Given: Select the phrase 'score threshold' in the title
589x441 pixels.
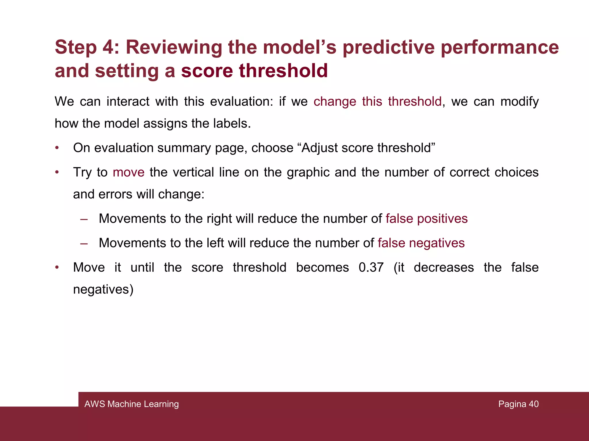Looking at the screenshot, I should click(x=255, y=71).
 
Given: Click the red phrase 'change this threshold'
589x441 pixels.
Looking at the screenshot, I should click(x=377, y=102).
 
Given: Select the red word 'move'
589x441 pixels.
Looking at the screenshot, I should click(x=129, y=173).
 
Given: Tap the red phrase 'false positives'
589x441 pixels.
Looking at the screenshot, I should click(x=427, y=219).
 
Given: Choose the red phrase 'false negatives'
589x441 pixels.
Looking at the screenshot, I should click(x=421, y=243).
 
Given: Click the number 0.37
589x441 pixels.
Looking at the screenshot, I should click(x=371, y=268).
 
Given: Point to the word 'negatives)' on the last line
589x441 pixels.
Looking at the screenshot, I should click(x=103, y=289).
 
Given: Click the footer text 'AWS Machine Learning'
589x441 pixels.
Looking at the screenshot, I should click(x=131, y=404).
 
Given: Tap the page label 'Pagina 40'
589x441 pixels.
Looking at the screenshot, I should click(x=518, y=404).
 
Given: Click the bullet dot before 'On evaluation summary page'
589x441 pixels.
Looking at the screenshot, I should click(x=57, y=148).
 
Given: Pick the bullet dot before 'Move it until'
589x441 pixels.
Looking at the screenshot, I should click(x=57, y=268).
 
